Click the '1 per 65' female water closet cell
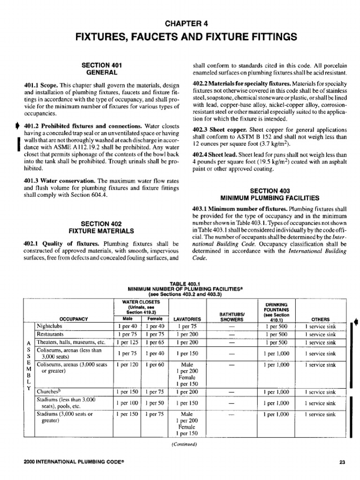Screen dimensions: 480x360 [x=153, y=343]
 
